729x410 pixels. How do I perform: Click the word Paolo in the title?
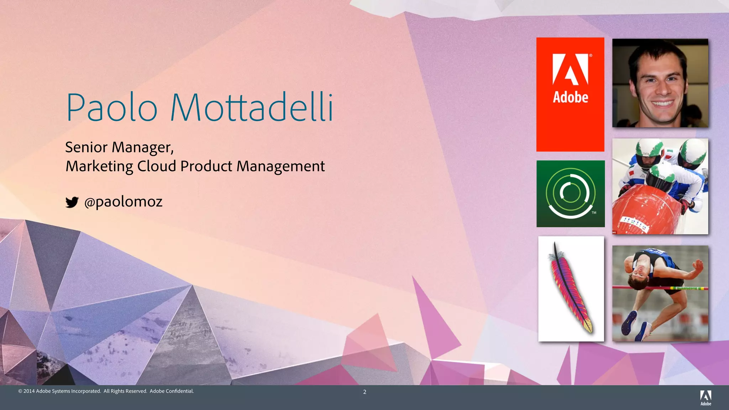111,107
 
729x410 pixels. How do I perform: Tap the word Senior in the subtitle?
86,147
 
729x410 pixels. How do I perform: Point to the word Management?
280,167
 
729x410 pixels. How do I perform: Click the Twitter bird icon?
72,202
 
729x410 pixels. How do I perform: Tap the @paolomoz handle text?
123,202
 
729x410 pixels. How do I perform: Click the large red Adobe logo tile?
570,94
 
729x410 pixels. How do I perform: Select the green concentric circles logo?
571,194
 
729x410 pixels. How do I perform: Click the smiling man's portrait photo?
660,83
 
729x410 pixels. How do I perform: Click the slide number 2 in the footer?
364,392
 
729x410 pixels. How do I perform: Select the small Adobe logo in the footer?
706,398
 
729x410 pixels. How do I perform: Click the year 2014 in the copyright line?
29,391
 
